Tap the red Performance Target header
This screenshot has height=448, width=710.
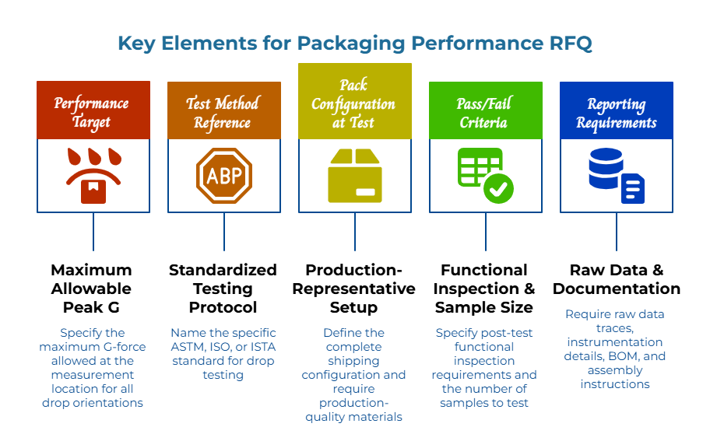point(93,111)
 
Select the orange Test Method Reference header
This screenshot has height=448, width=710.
point(223,112)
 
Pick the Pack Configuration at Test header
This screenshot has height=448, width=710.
point(354,102)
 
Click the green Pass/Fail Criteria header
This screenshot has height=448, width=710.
point(485,112)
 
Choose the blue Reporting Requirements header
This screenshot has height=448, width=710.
point(616,112)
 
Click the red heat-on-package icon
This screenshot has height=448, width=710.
point(93,176)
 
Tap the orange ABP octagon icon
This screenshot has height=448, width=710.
point(224,176)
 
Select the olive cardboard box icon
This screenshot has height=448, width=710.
point(355,176)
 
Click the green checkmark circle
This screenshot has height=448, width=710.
point(498,188)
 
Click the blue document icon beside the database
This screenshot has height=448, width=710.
point(633,188)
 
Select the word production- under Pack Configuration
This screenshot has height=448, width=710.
point(354,403)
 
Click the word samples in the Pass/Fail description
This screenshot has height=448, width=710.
point(462,403)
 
